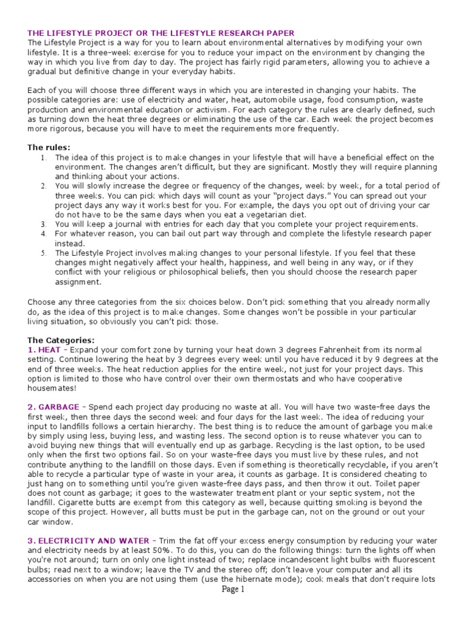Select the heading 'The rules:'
pos(49,147)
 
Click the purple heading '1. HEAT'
pos(45,350)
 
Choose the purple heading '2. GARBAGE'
pos(54,406)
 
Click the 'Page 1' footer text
pos(233,606)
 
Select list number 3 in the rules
pos(44,224)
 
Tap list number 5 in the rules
pos(44,253)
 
